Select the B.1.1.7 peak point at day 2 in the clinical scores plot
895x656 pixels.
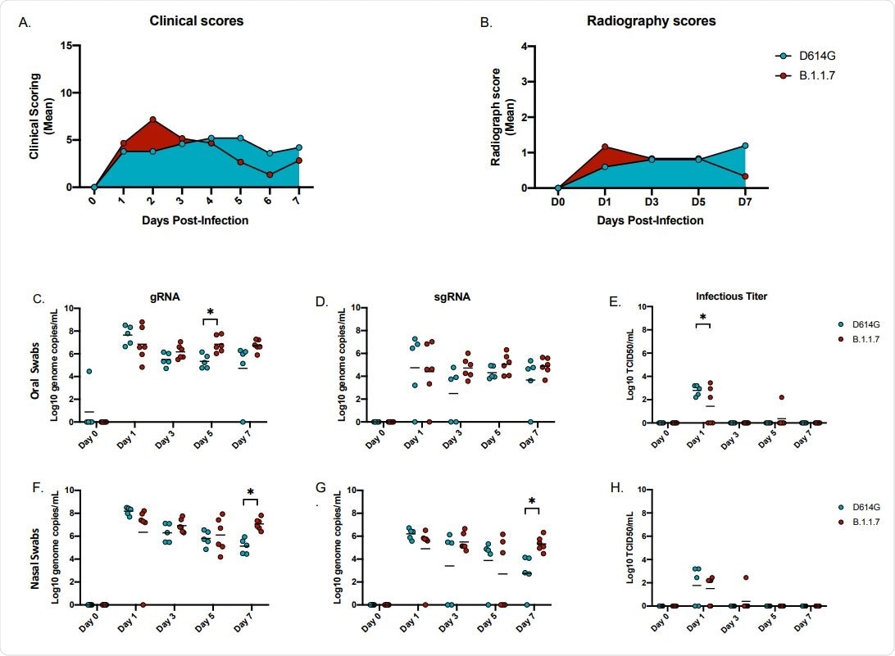point(153,120)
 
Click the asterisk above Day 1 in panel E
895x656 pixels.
point(702,315)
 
